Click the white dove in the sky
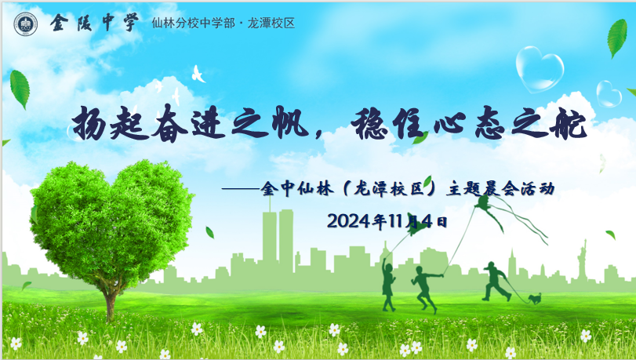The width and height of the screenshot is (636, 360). pos(198,74)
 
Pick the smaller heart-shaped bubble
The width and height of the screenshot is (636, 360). pos(608,94)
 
